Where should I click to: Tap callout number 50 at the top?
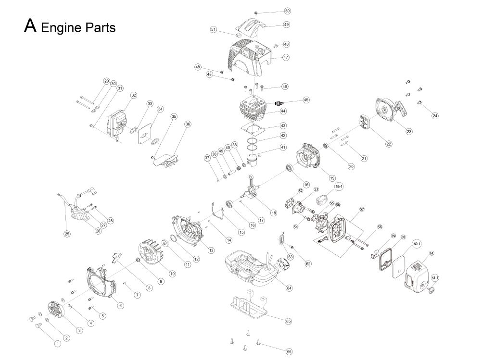288,11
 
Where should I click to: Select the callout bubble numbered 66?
289,352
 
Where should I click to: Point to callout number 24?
435,116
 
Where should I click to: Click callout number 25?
67,234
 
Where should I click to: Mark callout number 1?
57,343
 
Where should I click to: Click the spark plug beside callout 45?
278,102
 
